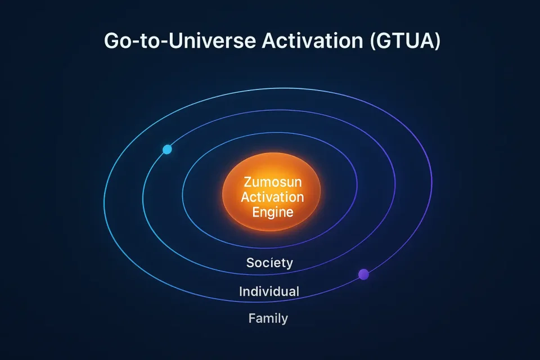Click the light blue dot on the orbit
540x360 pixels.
pos(167,149)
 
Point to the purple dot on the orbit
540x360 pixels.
pos(364,274)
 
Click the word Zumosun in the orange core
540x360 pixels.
pos(272,182)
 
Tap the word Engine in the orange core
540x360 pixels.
pos(273,212)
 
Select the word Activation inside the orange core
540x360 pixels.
pos(272,197)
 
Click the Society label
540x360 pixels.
pos(269,263)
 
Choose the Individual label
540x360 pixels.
pos(269,291)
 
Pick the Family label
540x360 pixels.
pos(268,318)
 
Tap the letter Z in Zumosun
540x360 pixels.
pos(248,182)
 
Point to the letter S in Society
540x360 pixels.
pos(250,263)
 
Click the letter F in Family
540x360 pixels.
pos(252,318)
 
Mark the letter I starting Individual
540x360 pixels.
pos(241,291)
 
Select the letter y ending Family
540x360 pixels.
pos(284,320)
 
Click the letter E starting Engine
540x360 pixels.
pos(256,211)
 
